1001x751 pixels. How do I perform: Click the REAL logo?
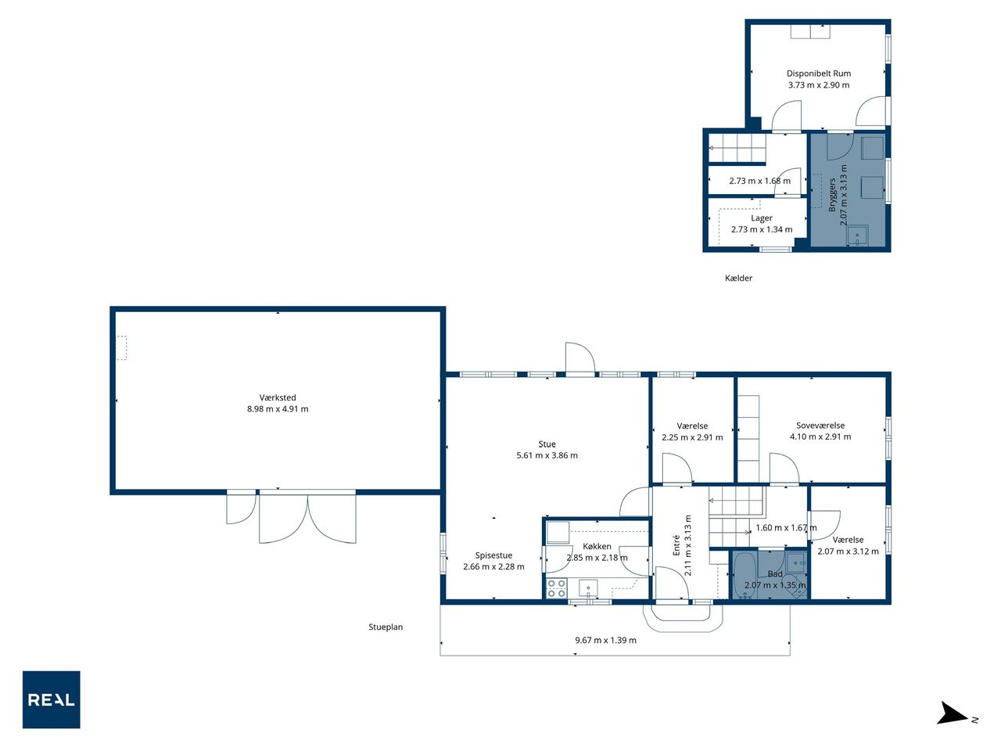coord(51,699)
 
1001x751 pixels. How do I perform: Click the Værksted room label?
coord(278,397)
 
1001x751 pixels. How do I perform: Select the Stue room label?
coord(547,444)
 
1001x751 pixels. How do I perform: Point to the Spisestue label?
coord(493,555)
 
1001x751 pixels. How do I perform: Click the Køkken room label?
coord(597,546)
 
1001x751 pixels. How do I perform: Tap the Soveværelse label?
coord(820,425)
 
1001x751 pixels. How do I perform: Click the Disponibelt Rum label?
coord(819,73)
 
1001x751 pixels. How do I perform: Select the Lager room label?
coord(761,218)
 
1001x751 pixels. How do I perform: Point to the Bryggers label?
coord(832,195)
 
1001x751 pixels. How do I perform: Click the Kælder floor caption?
coord(738,278)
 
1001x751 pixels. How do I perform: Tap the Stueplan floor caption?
coord(386,627)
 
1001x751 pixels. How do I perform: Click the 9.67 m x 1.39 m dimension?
coord(605,640)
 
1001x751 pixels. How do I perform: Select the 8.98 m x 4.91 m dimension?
coord(278,408)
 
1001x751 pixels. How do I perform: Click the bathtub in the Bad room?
coord(744,574)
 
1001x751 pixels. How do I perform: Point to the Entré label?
coord(676,544)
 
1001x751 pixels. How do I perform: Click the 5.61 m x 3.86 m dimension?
coord(547,455)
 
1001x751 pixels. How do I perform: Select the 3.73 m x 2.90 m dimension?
coord(819,84)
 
